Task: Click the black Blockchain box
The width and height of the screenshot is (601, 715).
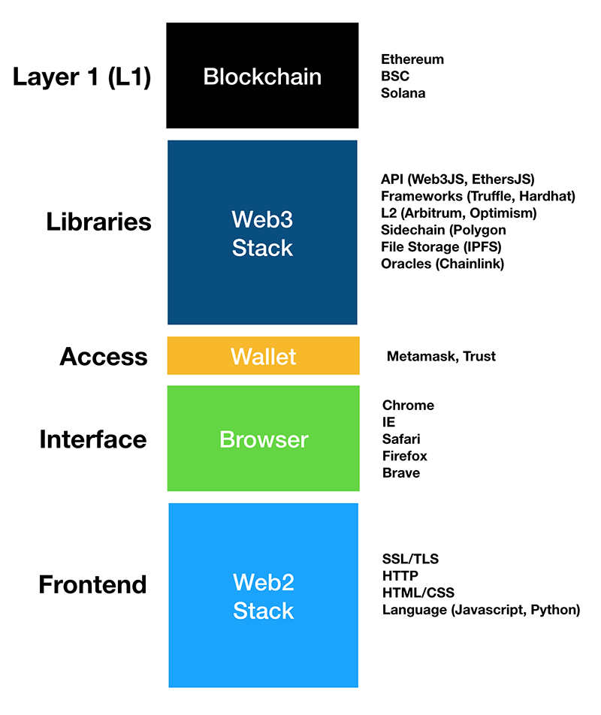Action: (262, 76)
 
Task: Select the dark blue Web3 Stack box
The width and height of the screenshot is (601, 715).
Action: (262, 232)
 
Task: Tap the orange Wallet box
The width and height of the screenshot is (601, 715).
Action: (263, 355)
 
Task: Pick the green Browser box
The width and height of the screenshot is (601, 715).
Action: (263, 439)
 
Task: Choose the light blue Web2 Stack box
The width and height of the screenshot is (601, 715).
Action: (263, 595)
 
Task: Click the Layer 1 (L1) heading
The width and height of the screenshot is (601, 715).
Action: (82, 77)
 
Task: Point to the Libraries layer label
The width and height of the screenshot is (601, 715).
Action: (98, 222)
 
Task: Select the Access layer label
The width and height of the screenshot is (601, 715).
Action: (104, 357)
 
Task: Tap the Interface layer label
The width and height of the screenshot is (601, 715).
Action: (92, 439)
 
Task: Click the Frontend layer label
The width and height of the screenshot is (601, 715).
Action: (92, 584)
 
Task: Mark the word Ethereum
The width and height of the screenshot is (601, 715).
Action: (412, 59)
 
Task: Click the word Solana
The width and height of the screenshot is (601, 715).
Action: (403, 93)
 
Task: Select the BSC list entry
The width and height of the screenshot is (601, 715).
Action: (394, 76)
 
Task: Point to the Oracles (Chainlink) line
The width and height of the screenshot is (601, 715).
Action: (442, 264)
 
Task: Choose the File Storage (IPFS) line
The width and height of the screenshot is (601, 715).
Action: (441, 246)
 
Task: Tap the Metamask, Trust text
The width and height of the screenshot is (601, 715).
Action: (441, 356)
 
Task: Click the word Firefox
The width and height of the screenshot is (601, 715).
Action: (404, 456)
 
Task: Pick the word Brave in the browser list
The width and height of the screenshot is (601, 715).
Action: (401, 473)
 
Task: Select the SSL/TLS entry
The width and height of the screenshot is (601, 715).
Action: (410, 559)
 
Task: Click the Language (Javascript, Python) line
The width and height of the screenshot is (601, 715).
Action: (481, 610)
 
